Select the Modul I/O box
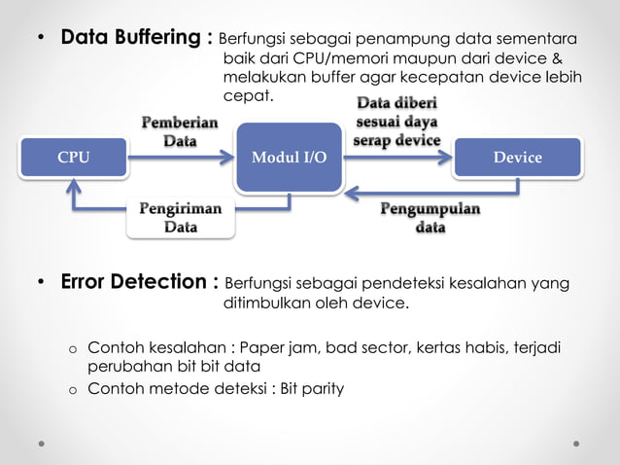(x=289, y=158)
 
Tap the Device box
(x=517, y=158)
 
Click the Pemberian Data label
(x=180, y=131)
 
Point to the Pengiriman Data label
(x=180, y=218)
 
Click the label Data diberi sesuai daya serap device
(x=396, y=122)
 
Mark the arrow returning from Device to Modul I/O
(x=408, y=191)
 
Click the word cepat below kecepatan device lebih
(x=249, y=95)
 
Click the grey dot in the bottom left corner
(x=41, y=443)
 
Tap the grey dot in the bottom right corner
(x=576, y=443)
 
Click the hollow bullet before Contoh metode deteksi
(x=71, y=390)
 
